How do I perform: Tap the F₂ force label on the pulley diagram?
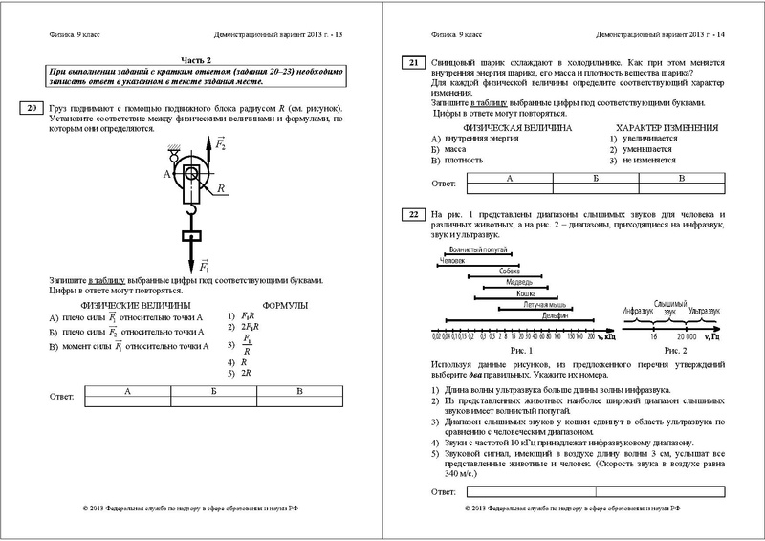[221, 145]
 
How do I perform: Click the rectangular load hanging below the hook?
[191, 235]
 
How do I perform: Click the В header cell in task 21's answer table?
[681, 179]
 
